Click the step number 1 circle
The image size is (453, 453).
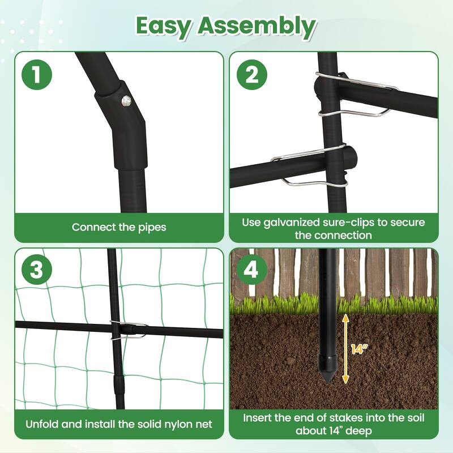click(37, 75)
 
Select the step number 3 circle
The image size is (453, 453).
click(37, 270)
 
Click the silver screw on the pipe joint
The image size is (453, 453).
click(125, 101)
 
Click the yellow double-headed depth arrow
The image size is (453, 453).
click(345, 349)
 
